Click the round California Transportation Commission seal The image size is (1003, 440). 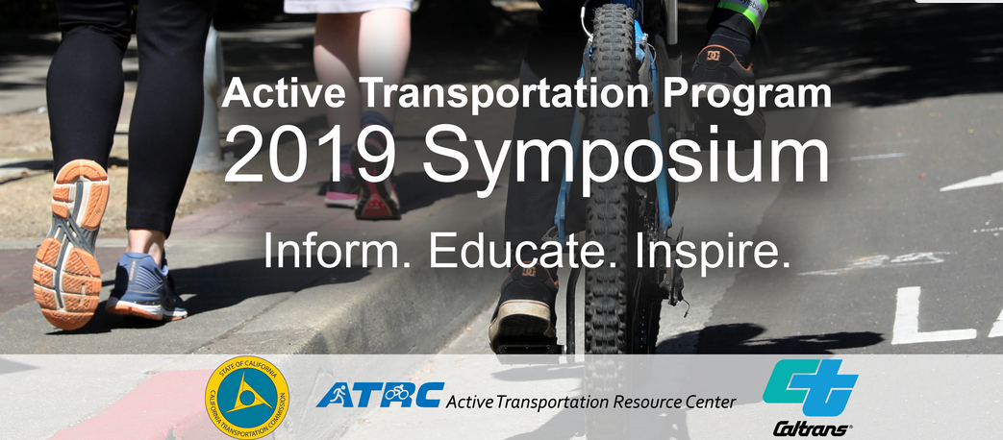[x=247, y=397]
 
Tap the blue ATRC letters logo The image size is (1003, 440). [x=379, y=395]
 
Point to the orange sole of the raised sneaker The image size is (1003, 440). [x=70, y=245]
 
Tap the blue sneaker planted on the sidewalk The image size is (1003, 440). [x=146, y=285]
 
